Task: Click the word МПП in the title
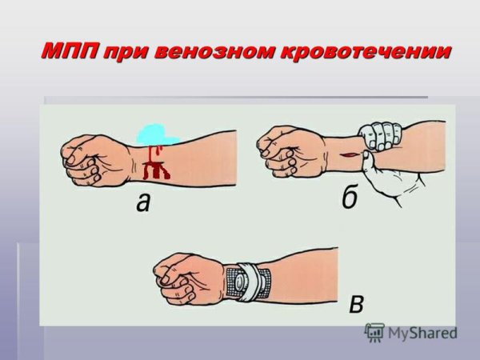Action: [70, 52]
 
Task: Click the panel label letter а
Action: [142, 203]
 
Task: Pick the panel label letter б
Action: [349, 198]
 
